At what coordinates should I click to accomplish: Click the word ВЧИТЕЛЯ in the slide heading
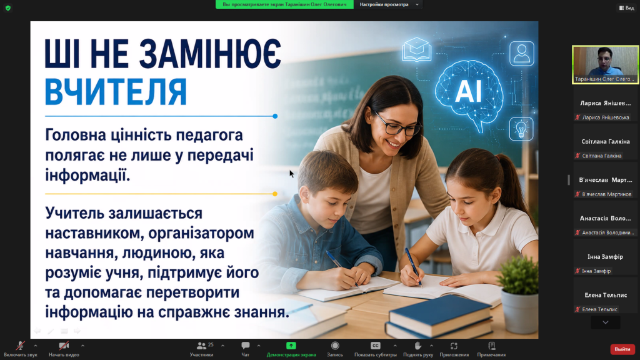[116, 92]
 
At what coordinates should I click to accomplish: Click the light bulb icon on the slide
[521, 129]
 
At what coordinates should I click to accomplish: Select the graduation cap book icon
[416, 49]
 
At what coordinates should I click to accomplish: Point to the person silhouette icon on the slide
[522, 54]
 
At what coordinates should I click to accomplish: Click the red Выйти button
[622, 349]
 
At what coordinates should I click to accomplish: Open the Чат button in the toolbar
[245, 349]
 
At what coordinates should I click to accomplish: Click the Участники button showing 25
[202, 349]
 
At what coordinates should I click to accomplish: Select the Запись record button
[335, 349]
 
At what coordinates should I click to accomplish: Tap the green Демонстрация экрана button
[291, 349]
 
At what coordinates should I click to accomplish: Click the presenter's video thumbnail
[605, 64]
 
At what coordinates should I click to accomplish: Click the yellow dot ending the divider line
[275, 194]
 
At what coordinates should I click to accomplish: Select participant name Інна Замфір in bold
[605, 257]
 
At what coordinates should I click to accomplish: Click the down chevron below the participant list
[605, 322]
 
